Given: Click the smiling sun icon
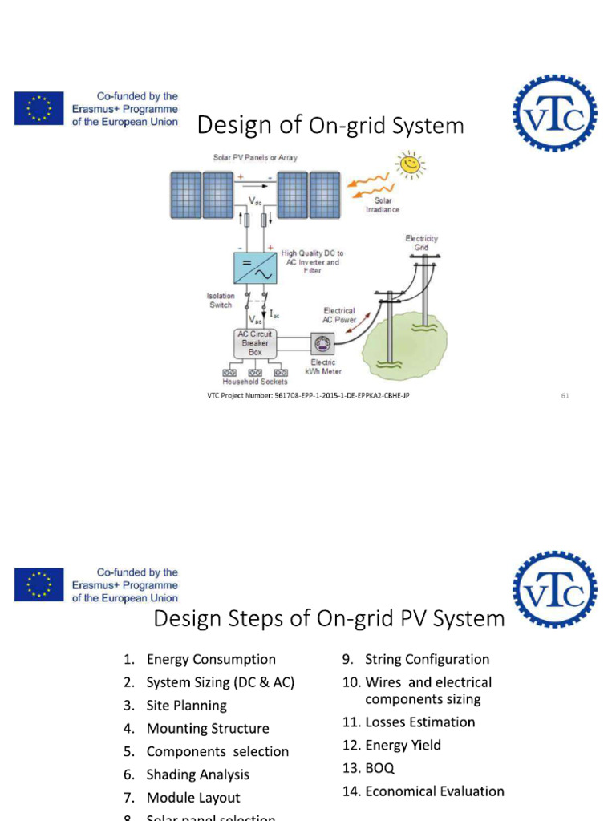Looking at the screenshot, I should click(x=411, y=165).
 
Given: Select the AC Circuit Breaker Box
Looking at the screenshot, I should click(x=254, y=342).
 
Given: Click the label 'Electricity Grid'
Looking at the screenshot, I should click(x=421, y=243).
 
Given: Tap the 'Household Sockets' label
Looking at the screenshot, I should click(x=254, y=382).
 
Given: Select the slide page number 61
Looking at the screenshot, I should click(x=565, y=395).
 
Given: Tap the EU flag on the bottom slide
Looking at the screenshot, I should click(x=38, y=584).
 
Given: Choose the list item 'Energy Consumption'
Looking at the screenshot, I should click(x=210, y=659).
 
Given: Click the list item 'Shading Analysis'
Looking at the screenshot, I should click(x=197, y=774).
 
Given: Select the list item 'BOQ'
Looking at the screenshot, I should click(x=379, y=768).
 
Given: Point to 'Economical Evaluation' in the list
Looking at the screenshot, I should click(x=434, y=791).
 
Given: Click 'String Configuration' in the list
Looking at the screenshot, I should click(x=427, y=659).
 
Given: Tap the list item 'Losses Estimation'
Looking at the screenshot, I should click(x=419, y=722).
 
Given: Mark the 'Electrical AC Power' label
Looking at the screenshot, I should click(x=339, y=315).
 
